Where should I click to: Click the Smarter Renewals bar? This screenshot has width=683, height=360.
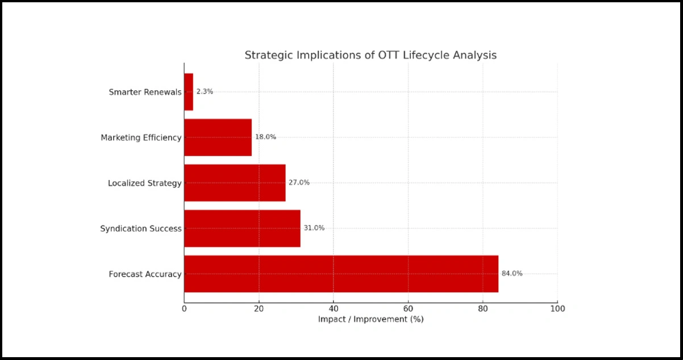[189, 92]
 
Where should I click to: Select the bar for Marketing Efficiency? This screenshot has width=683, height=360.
[218, 137]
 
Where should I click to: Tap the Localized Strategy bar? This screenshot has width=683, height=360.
[235, 183]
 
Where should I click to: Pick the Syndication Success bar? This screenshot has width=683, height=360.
[242, 228]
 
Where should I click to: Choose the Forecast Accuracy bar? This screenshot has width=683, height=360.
[341, 274]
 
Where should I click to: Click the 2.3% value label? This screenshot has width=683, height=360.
[205, 91]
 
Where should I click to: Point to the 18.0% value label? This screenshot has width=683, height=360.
[265, 137]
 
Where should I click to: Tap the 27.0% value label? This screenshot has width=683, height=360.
[299, 182]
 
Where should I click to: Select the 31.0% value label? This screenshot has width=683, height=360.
[314, 228]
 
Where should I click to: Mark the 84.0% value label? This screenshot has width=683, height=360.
[511, 273]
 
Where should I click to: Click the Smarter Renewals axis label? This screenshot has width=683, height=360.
[145, 92]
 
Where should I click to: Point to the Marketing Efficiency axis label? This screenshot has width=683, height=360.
[141, 137]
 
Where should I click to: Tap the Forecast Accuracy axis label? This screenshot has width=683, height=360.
[145, 274]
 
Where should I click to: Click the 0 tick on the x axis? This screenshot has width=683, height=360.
[184, 308]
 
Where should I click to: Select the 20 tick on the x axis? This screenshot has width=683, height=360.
[259, 308]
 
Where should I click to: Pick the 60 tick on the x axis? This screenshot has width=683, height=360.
[408, 308]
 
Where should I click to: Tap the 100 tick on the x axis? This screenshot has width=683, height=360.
[557, 308]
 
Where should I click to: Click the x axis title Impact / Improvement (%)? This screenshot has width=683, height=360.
[370, 319]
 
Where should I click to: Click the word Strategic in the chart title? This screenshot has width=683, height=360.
[265, 56]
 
